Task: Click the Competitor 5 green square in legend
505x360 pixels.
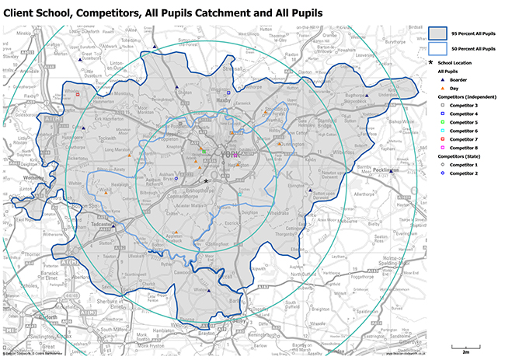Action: click(x=441, y=122)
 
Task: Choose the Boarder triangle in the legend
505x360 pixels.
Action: click(x=441, y=80)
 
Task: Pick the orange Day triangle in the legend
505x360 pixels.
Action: click(x=441, y=89)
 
